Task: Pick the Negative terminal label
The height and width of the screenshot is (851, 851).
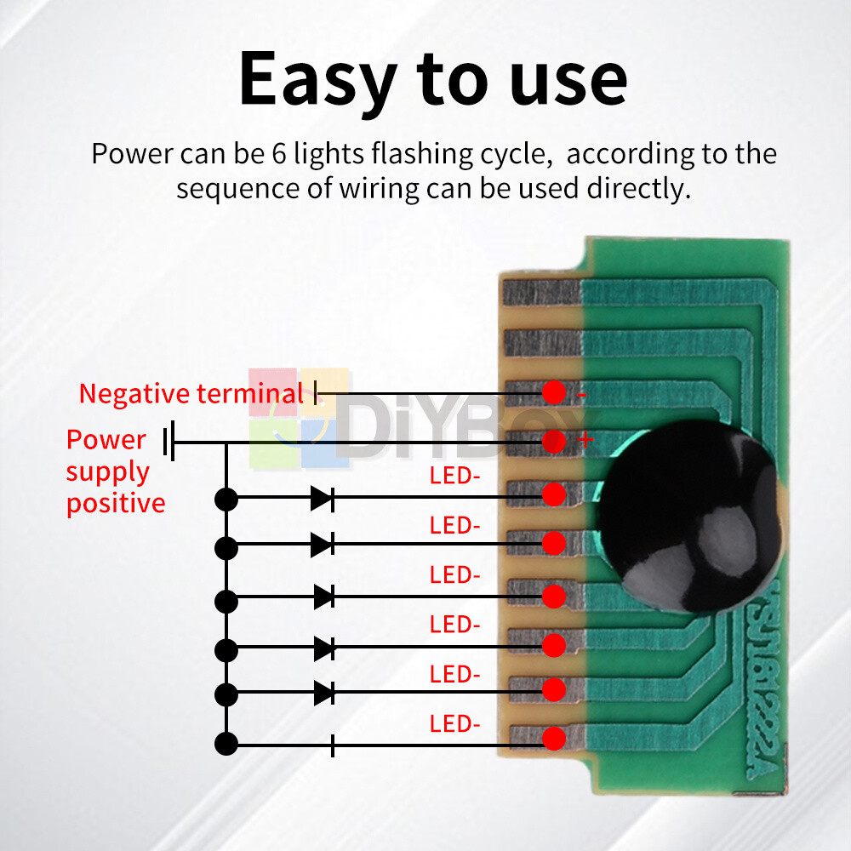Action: click(191, 394)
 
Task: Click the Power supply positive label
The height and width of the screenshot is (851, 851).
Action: click(115, 471)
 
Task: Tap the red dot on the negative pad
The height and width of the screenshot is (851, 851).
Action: click(554, 393)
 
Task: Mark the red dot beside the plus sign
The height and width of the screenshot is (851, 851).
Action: click(554, 442)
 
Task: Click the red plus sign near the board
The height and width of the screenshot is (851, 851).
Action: click(585, 440)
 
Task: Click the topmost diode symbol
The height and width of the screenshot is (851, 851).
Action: click(323, 499)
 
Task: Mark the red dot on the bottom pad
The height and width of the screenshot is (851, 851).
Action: click(554, 738)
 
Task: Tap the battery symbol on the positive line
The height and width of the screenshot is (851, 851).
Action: click(170, 441)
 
